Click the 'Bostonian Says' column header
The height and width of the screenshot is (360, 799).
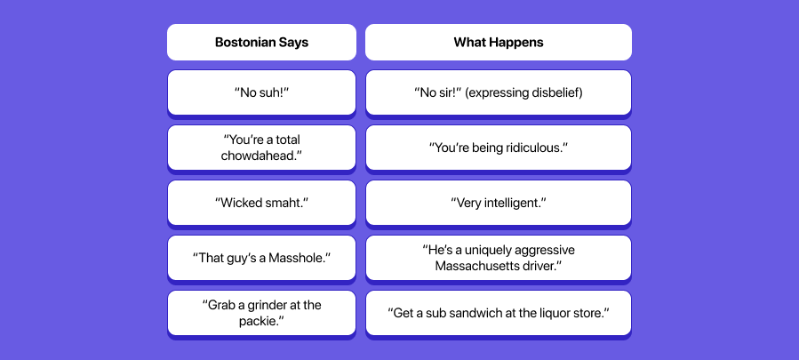(261, 42)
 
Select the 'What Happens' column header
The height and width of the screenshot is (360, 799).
(498, 42)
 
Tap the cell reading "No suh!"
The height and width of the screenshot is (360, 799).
(261, 92)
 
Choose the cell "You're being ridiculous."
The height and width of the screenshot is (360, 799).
(498, 148)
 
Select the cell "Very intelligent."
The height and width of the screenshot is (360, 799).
(498, 203)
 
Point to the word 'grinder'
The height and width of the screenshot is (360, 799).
(263, 305)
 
